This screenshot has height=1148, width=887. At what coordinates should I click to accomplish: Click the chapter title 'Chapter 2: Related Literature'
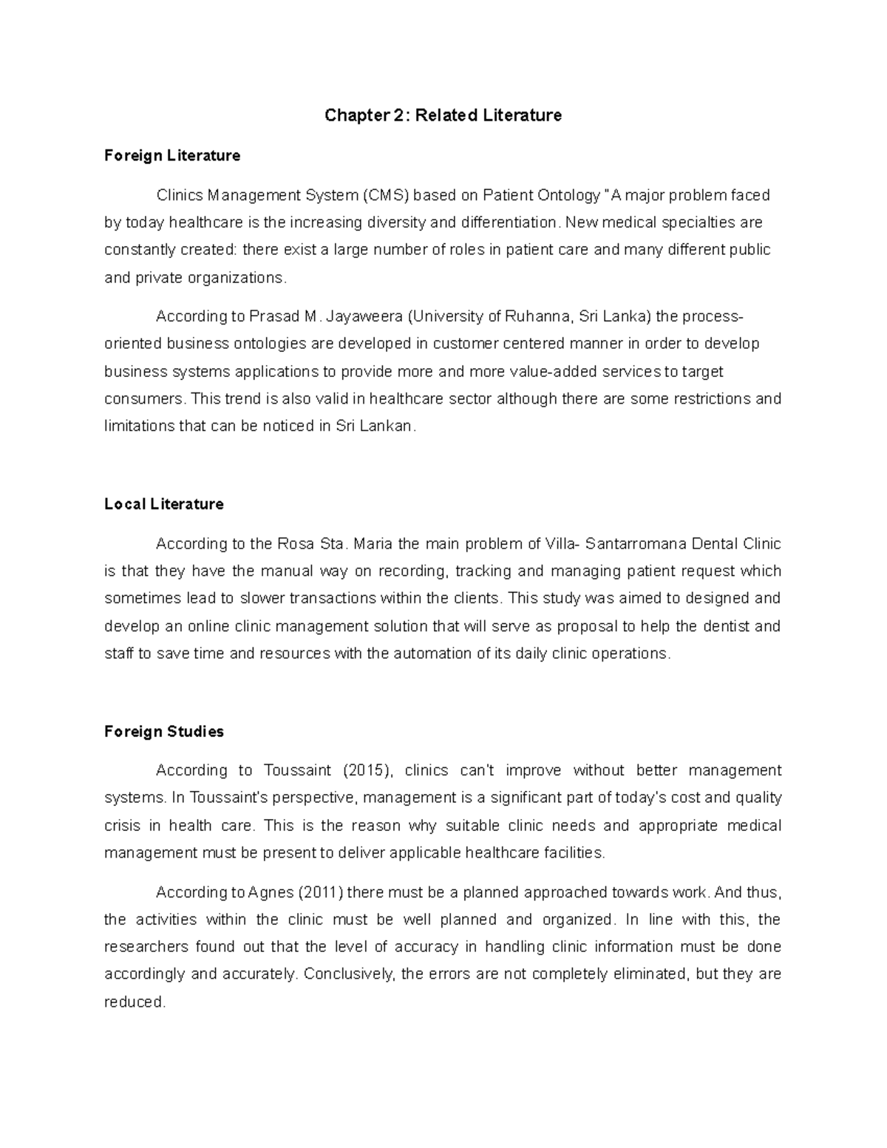coord(443,115)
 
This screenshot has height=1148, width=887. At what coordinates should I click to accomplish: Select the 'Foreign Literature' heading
coord(172,155)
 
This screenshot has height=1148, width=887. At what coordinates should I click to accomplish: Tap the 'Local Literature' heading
coord(164,504)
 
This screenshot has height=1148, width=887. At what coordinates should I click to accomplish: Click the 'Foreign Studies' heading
coord(164,731)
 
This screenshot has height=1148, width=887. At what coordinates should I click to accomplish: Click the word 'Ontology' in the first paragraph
coord(571,195)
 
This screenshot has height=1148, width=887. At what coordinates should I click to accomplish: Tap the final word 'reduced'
coord(133,1002)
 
